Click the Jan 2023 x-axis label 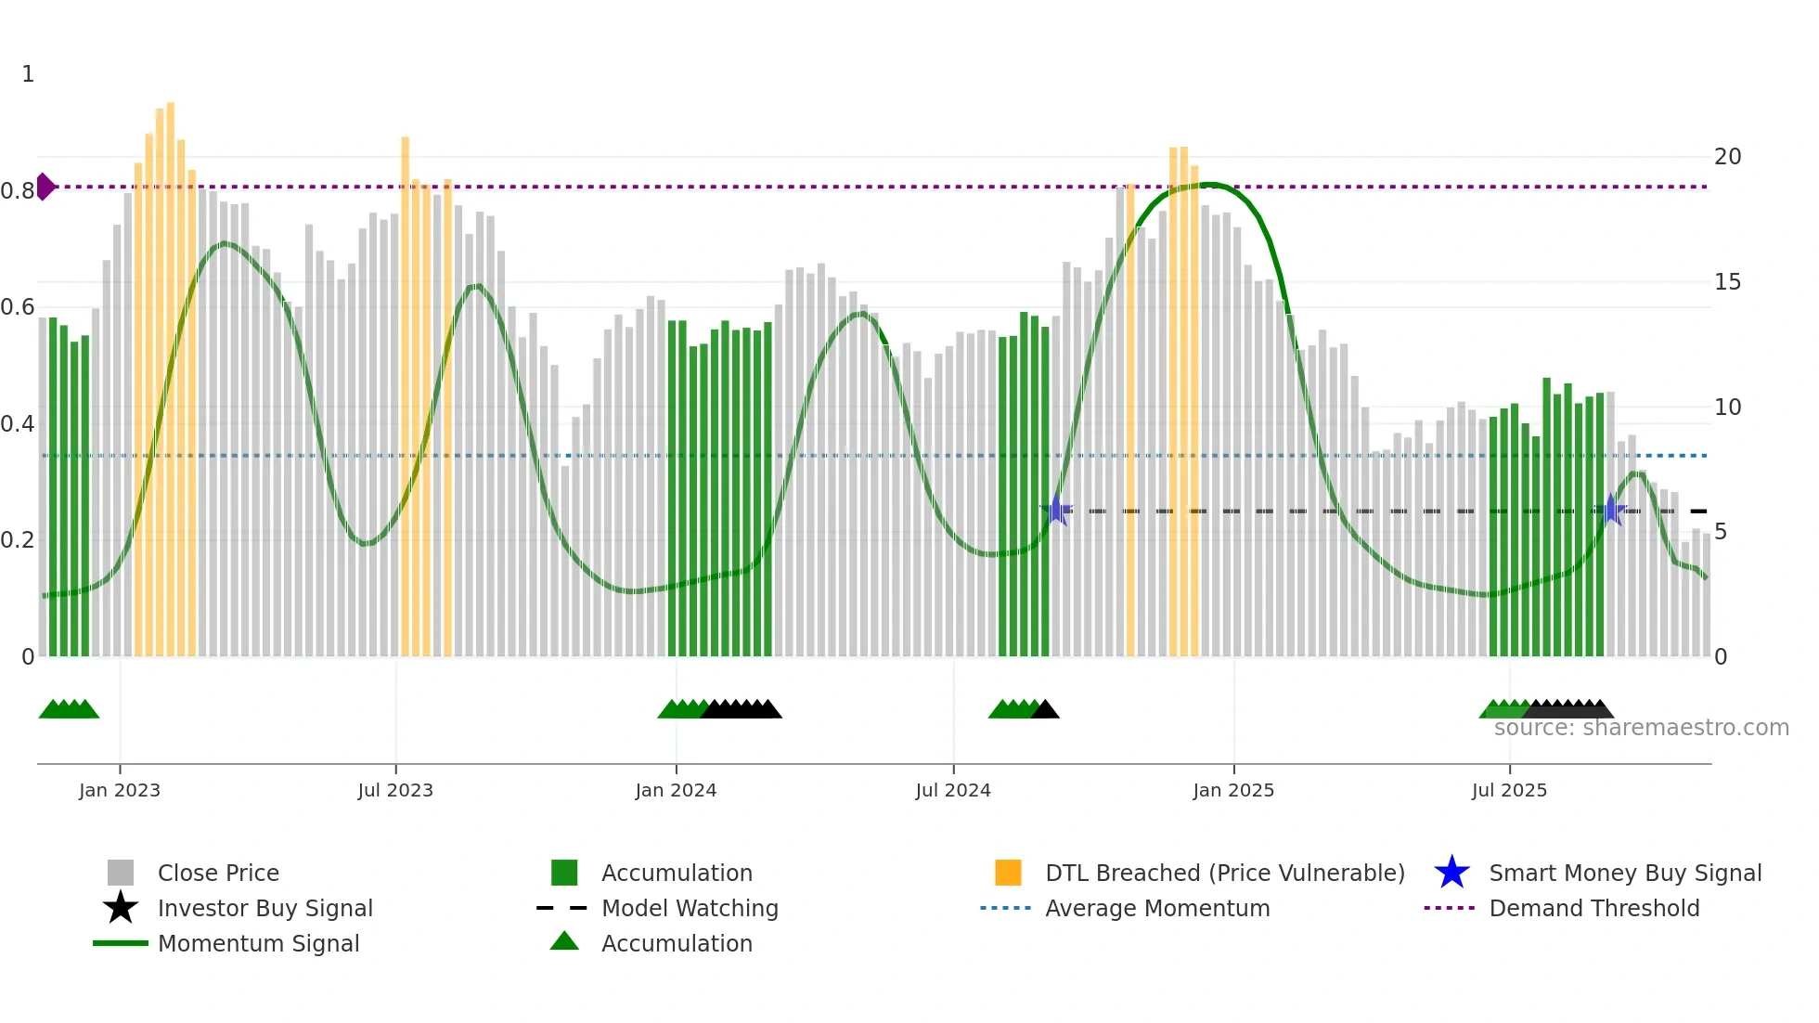click(119, 790)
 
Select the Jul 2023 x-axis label click(395, 790)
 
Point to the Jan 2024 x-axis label click(676, 790)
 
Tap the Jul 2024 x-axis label click(953, 790)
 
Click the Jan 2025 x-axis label click(1233, 790)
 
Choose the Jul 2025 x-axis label click(1509, 790)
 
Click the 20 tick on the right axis click(1727, 157)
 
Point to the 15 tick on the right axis click(1727, 282)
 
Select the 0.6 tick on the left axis click(18, 307)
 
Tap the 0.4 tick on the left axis click(18, 424)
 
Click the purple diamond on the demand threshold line click(45, 187)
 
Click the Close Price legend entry click(217, 873)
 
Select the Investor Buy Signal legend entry click(264, 908)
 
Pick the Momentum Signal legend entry click(258, 943)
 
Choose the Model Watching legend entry click(690, 908)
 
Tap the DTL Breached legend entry click(1224, 873)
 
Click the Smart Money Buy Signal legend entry click(1624, 873)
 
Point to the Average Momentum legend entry click(1157, 908)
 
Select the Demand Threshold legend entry click(1593, 908)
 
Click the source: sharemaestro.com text click(1641, 728)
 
